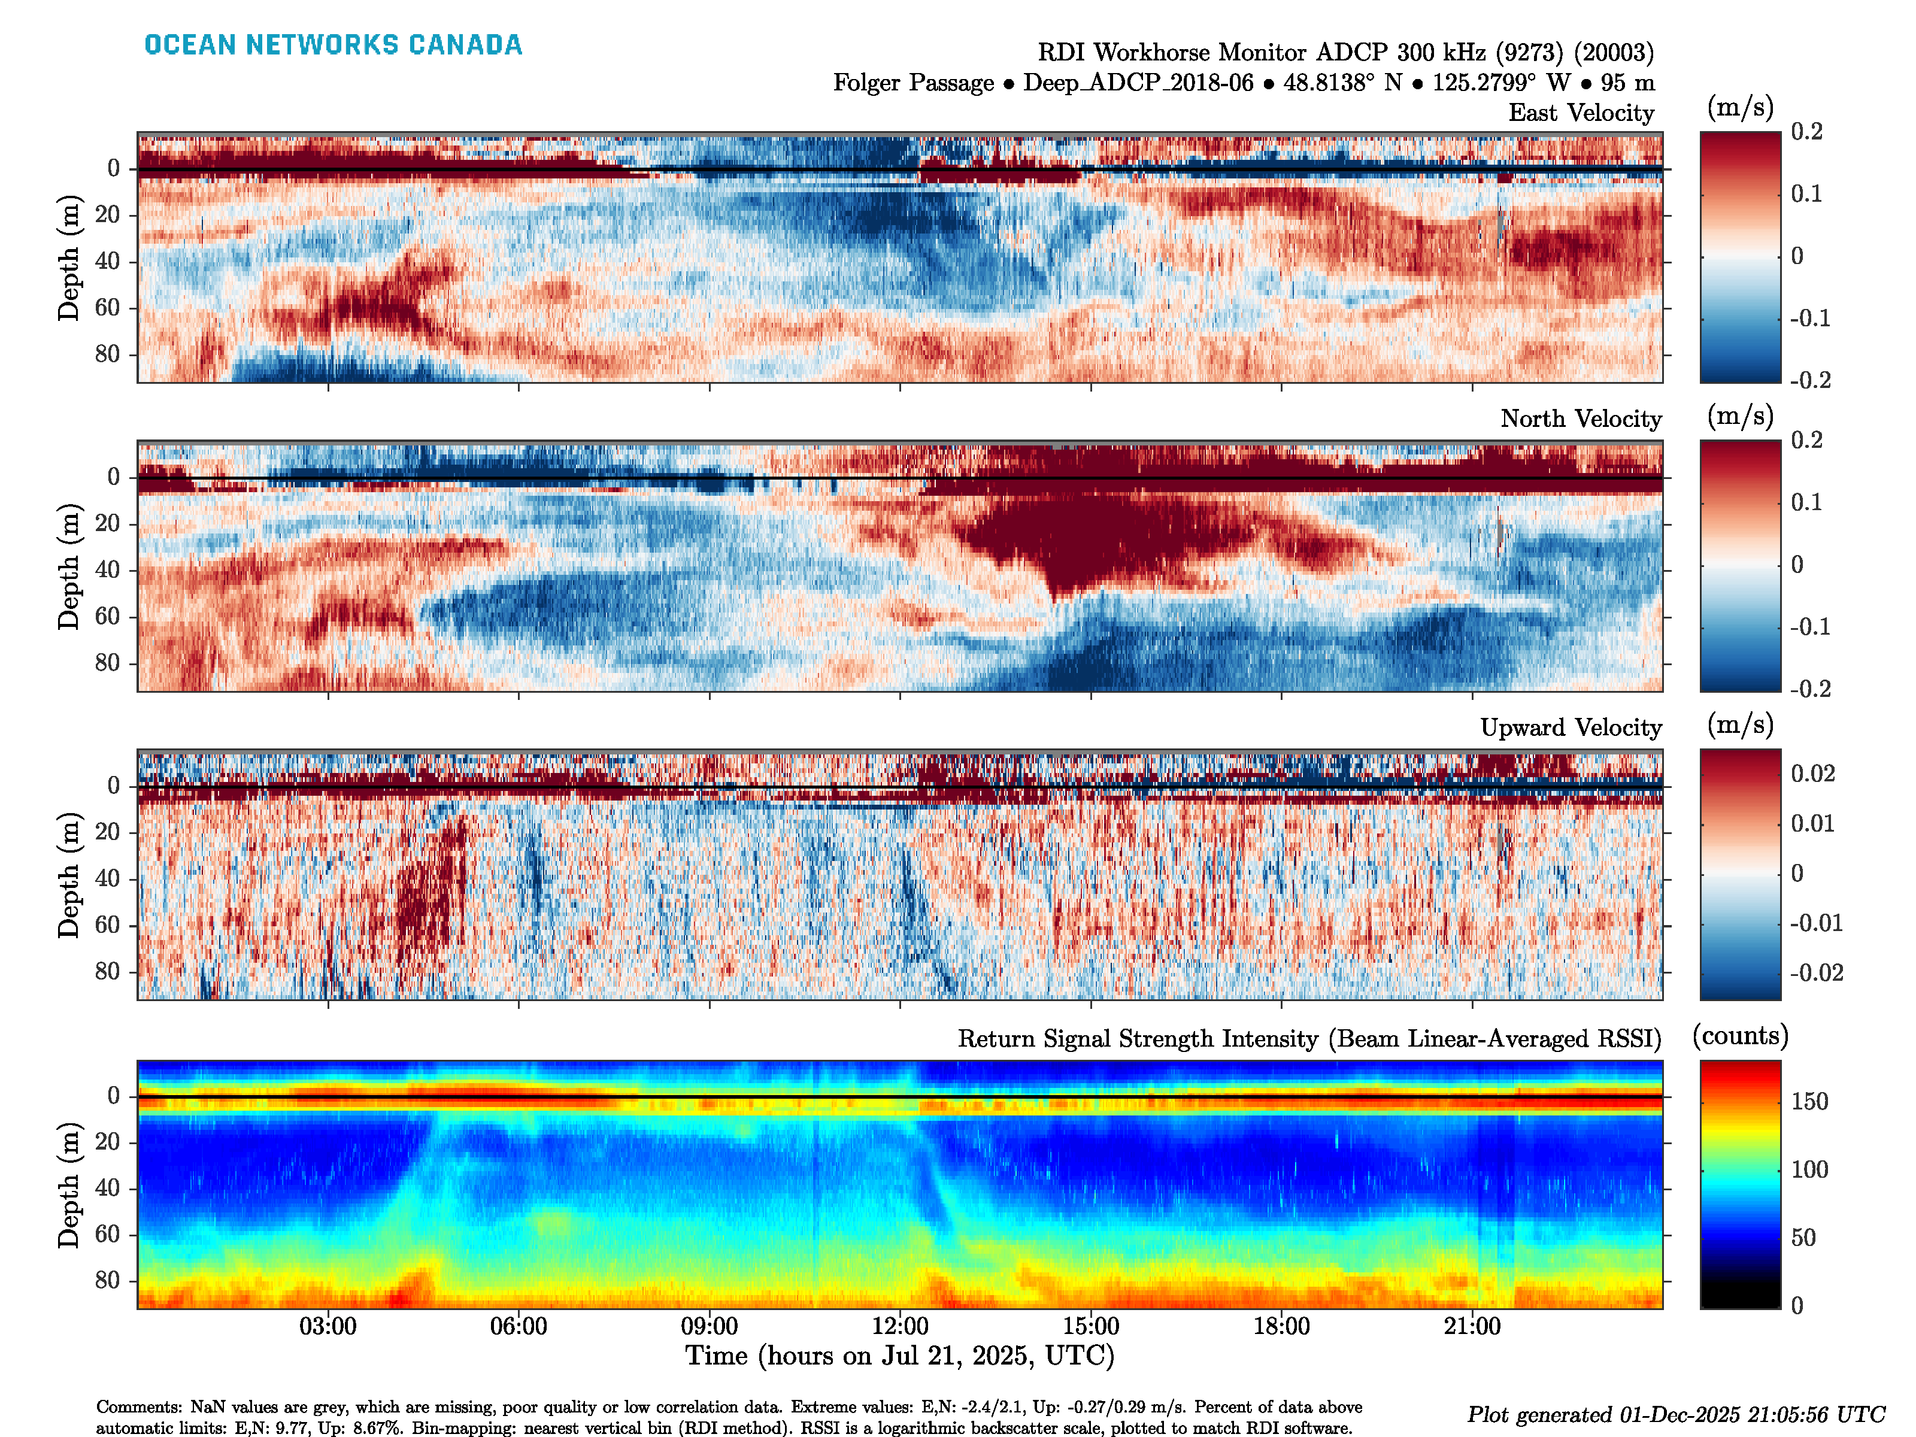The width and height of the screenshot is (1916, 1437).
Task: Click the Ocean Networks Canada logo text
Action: [334, 45]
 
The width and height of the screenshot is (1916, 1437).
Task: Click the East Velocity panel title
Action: [1581, 113]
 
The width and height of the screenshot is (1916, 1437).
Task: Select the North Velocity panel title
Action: [1581, 419]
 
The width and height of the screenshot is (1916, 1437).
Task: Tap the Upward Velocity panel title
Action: [1571, 727]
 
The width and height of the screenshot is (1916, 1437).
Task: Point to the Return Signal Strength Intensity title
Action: [1309, 1039]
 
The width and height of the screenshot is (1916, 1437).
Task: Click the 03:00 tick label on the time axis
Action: [328, 1326]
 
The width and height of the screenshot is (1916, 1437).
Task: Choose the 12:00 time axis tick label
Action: [900, 1326]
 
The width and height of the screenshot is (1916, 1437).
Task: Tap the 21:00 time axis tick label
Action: [1472, 1326]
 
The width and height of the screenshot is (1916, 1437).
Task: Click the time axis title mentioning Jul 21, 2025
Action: [900, 1356]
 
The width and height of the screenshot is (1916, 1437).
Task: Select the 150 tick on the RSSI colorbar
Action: [1809, 1102]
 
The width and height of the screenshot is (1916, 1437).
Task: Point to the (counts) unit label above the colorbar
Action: [1740, 1036]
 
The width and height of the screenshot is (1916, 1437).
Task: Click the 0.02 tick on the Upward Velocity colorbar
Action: [1813, 774]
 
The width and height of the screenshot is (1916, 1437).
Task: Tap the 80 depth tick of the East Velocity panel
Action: [107, 354]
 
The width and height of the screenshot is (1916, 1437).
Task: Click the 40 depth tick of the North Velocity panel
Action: [107, 570]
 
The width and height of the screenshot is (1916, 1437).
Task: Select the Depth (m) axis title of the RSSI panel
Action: [69, 1185]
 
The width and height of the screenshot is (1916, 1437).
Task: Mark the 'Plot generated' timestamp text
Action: [1675, 1414]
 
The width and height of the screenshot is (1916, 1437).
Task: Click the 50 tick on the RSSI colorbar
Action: [1803, 1238]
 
